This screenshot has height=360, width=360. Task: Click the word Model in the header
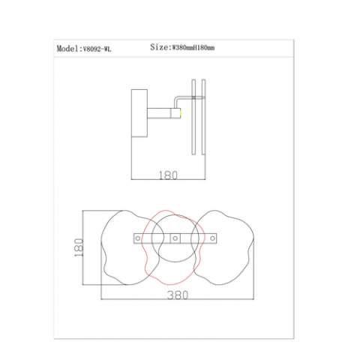67,49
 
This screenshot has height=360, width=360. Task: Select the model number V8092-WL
95,49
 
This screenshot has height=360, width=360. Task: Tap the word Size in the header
159,46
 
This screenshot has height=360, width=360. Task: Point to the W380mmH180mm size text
192,47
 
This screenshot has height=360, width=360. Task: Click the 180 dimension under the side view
168,175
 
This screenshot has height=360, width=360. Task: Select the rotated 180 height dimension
79,247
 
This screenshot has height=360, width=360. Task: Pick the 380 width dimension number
178,295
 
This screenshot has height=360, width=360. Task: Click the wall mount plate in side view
139,113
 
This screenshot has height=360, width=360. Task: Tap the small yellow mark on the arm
180,113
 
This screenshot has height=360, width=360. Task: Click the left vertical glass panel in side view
193,117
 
